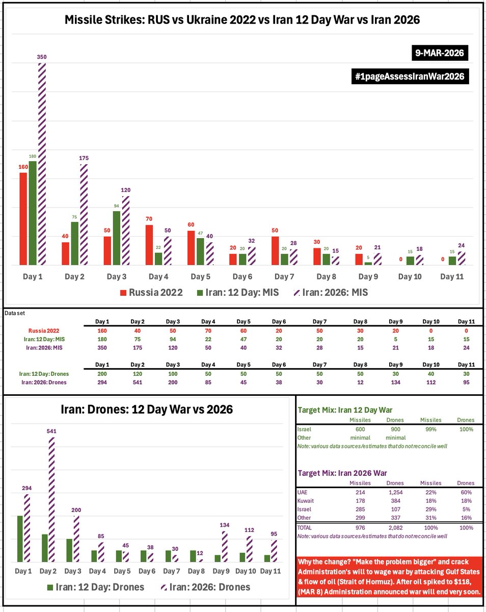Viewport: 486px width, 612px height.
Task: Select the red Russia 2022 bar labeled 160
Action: pyautogui.click(x=23, y=219)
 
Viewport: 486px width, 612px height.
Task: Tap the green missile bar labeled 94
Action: pyautogui.click(x=117, y=238)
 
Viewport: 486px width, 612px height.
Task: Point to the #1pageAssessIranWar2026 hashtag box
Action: pyautogui.click(x=410, y=77)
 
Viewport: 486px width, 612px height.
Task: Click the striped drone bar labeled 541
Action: pyautogui.click(x=51, y=500)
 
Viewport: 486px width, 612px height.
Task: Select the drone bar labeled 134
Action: pyautogui.click(x=225, y=547)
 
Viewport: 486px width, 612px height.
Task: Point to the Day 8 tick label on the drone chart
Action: pyautogui.click(x=199, y=571)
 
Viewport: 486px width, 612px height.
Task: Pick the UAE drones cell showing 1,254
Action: pyautogui.click(x=395, y=492)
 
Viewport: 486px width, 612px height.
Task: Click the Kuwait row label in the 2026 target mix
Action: pyautogui.click(x=306, y=501)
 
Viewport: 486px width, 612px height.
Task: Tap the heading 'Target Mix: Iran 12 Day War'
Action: pyautogui.click(x=344, y=410)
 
